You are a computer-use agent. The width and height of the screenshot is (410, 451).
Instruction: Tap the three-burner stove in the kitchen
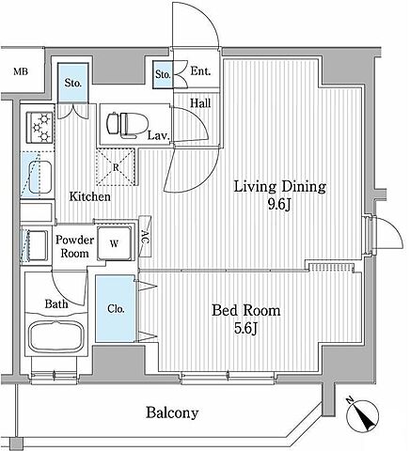click(39, 128)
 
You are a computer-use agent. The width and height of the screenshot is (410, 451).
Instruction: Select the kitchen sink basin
click(40, 178)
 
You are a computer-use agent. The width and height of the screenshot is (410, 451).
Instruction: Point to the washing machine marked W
click(114, 243)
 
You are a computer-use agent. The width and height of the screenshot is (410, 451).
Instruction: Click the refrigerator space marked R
click(116, 167)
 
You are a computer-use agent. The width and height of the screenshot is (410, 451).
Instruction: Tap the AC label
click(145, 237)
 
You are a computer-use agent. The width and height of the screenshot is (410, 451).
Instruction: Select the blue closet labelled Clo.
click(116, 308)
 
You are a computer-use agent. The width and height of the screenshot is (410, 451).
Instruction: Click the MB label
click(21, 71)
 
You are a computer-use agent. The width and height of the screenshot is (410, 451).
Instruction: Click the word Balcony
click(172, 412)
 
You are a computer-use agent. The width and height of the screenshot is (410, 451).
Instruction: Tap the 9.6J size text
click(279, 205)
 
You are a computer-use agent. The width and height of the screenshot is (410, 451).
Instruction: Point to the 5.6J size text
click(245, 329)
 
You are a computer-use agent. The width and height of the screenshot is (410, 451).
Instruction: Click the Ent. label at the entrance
click(200, 71)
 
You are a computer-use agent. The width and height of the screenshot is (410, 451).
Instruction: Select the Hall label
click(200, 103)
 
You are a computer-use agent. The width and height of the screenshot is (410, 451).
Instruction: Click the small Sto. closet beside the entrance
click(163, 74)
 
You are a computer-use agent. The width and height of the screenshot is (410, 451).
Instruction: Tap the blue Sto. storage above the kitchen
click(73, 83)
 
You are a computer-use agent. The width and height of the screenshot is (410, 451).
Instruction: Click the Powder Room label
click(74, 246)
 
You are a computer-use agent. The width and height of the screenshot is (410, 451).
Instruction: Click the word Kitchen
click(90, 196)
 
